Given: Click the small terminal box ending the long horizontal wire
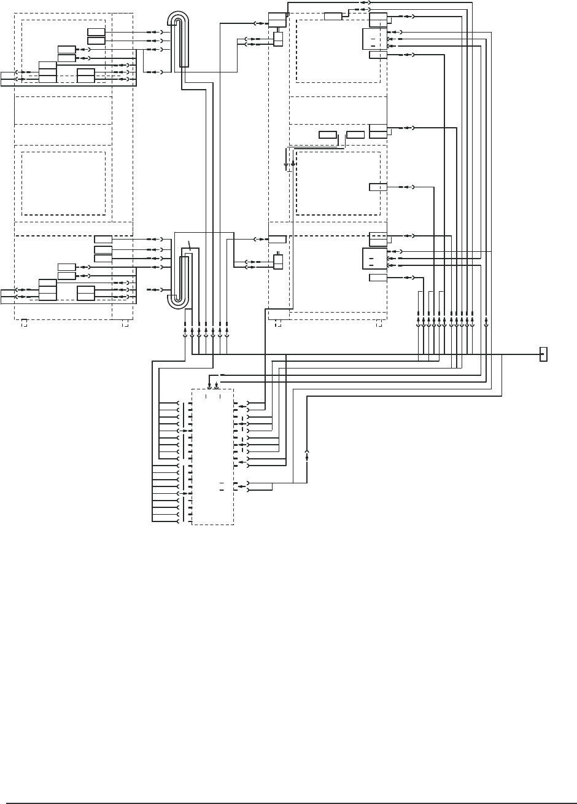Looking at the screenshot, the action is point(543,354).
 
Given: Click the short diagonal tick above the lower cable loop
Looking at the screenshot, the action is point(190,245).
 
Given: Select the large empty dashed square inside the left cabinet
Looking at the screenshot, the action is point(63,183).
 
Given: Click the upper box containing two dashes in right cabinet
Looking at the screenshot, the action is point(374,39).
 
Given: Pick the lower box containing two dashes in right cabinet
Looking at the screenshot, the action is point(374,259).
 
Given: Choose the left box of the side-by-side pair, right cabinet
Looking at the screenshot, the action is point(328,135).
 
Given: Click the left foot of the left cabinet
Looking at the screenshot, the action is point(24,322).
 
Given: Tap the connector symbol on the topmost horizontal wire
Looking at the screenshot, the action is point(365,2).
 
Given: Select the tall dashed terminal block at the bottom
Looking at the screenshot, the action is point(212,456).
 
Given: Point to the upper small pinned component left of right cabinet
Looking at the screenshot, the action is point(278,39).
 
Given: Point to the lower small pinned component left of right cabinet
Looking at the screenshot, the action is point(278,261).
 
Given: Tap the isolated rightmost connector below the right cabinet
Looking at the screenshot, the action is point(486,321).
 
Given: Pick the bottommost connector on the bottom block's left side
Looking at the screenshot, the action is point(179,521).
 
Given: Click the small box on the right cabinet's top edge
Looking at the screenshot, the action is point(333,16).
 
